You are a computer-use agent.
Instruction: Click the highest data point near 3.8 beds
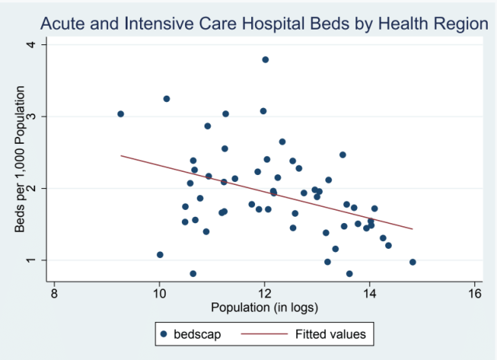pos(265,60)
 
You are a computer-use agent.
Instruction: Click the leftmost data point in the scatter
pos(121,114)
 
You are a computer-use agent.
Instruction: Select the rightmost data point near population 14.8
pos(412,262)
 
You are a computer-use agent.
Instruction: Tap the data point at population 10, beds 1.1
pos(160,254)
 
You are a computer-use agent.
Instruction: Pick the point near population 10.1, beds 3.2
pos(166,99)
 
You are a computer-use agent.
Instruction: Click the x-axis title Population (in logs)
pos(264,309)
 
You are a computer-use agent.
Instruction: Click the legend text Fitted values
pos(331,335)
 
